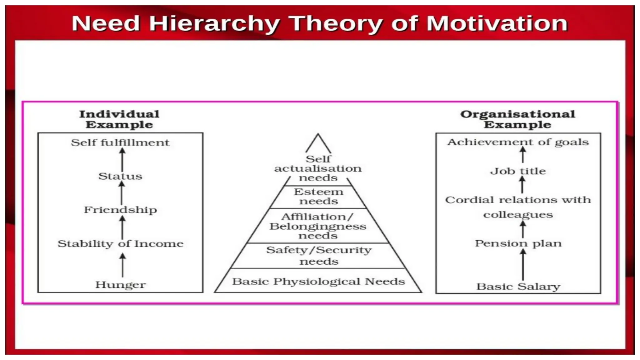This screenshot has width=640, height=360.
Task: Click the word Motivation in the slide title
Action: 497,23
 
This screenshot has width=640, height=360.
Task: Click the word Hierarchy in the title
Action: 214,23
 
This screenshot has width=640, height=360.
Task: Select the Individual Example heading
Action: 119,119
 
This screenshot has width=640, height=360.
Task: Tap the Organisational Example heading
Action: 517,119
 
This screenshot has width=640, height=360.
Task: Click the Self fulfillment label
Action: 120,142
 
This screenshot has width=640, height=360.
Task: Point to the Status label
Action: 120,176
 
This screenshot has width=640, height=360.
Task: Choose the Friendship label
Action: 120,210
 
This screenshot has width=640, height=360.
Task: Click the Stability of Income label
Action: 120,243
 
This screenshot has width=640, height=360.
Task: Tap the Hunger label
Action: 120,285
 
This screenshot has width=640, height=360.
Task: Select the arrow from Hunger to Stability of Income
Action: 122,265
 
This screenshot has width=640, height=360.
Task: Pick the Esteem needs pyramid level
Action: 318,196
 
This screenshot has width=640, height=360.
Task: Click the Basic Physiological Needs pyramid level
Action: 318,281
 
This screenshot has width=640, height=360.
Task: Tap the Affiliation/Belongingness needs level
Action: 318,226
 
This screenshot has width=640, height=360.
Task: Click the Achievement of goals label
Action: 518,142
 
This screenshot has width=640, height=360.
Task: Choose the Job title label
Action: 518,171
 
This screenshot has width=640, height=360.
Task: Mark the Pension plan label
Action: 518,243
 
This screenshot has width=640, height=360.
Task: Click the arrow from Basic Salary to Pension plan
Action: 523,265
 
